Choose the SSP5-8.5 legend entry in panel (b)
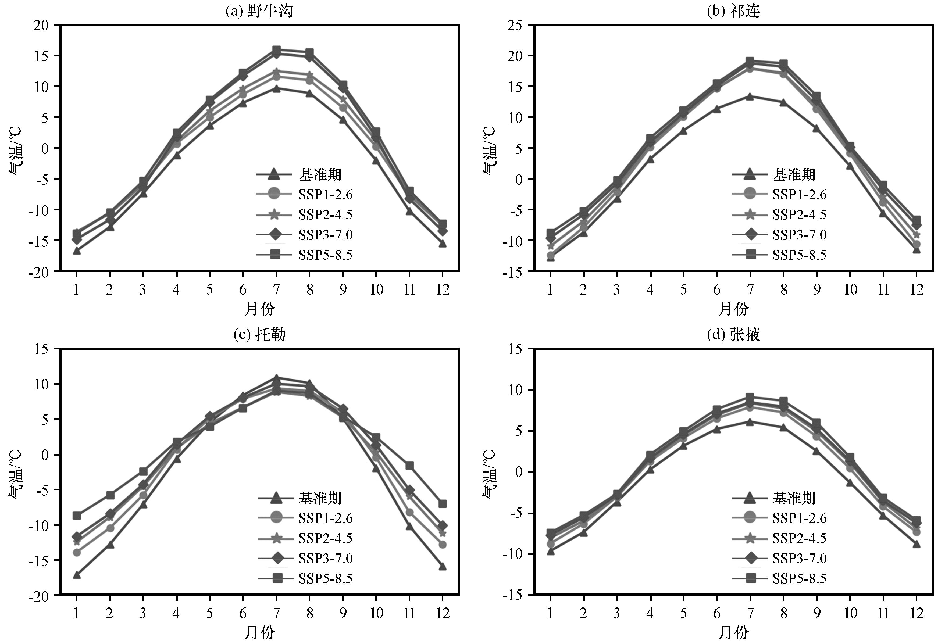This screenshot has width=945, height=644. tap(779, 255)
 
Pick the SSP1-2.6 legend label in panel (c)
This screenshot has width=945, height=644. tap(325, 518)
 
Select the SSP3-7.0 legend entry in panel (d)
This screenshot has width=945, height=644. tap(779, 558)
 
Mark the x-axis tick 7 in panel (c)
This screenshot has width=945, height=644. tap(276, 613)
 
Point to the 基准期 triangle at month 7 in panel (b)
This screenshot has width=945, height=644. tap(750, 96)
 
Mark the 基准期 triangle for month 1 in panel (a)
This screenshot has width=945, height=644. tap(76, 251)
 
